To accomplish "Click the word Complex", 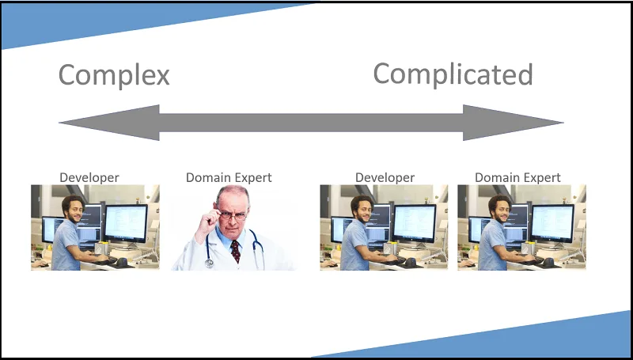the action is (114, 75).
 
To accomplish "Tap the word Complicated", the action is (453, 74).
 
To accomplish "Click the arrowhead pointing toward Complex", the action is (109, 123).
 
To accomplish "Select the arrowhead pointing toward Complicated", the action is (513, 123).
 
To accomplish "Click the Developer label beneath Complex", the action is (89, 177).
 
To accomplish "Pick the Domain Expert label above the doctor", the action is (229, 177).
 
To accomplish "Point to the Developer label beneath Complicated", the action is (385, 177).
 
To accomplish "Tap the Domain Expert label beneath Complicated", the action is (517, 177).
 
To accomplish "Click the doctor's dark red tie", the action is (235, 251).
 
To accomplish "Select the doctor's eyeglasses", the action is (233, 215).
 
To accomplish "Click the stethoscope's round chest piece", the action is (209, 263).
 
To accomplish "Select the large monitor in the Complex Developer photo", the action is (126, 224).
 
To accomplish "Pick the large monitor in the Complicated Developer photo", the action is (415, 224).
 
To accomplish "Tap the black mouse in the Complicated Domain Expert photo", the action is (548, 263).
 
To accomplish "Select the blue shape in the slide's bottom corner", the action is (517, 339).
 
